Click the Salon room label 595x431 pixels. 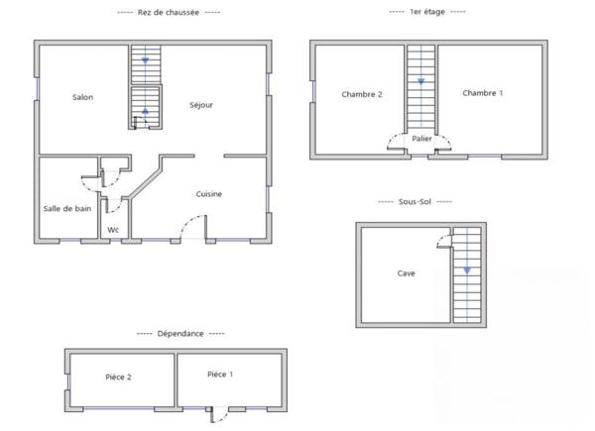(x=82, y=97)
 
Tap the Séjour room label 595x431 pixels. (x=201, y=104)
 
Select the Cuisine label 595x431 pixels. (x=208, y=194)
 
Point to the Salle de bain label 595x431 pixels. (x=66, y=208)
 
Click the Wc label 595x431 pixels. (x=113, y=230)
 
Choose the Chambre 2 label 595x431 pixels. (x=362, y=94)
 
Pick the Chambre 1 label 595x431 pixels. (x=482, y=93)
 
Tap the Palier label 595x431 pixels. (x=422, y=139)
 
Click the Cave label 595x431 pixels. (x=406, y=273)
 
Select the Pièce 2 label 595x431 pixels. (x=118, y=377)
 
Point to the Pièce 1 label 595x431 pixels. (x=220, y=374)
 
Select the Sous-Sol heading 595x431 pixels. (x=416, y=201)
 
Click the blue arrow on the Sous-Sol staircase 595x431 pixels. (x=466, y=269)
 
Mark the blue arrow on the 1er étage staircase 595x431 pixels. (x=420, y=81)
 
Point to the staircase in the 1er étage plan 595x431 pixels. (x=420, y=89)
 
